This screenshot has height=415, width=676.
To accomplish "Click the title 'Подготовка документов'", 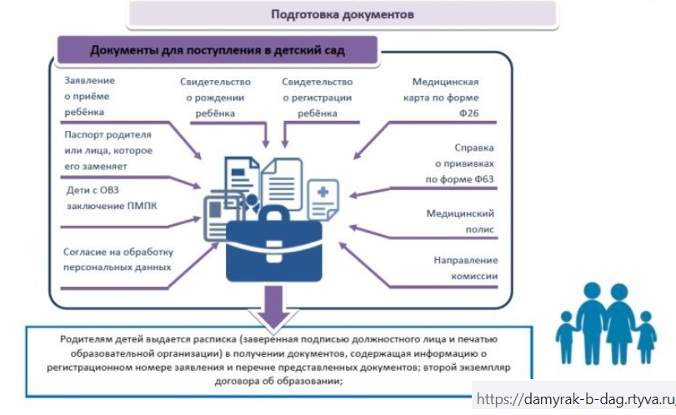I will tap(343, 15).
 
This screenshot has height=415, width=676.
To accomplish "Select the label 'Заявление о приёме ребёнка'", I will tap(89, 96).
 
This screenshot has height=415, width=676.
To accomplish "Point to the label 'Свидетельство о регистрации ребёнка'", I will tap(317, 97).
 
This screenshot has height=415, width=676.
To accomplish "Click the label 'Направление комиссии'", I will tap(466, 267).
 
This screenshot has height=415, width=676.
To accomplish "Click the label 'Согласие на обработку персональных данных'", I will tap(118, 258).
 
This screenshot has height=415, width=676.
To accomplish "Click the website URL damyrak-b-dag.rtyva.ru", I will tap(575, 402).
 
